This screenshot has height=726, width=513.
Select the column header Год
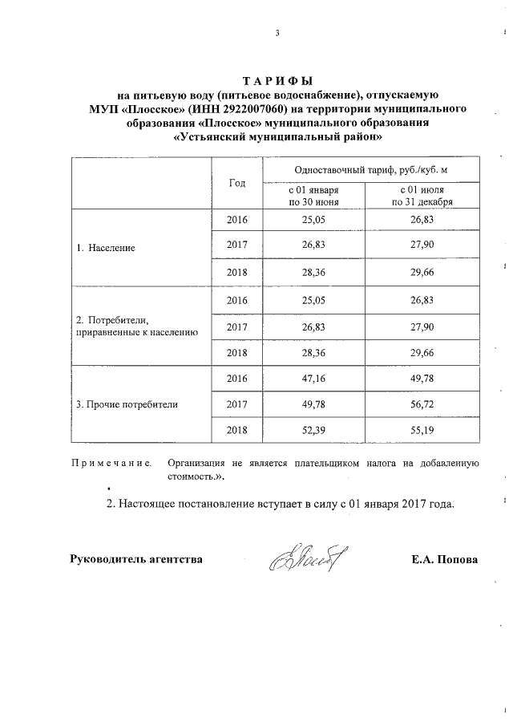[236, 183]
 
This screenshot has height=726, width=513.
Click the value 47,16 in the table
[313, 378]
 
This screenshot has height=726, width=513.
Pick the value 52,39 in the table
[313, 431]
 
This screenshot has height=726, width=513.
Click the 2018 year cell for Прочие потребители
[237, 431]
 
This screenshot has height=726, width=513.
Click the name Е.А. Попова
[443, 559]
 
